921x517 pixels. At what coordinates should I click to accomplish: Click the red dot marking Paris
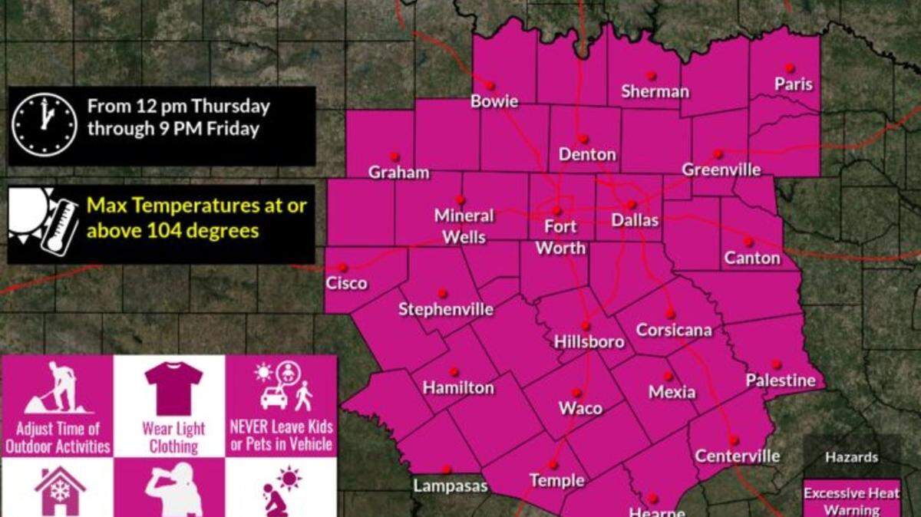tap(789, 68)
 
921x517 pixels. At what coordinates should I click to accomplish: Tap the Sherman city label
tap(655, 92)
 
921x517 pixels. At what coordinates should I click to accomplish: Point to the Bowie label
tap(494, 101)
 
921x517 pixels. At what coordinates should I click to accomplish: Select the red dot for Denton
tap(583, 139)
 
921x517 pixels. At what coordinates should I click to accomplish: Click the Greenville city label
tap(721, 170)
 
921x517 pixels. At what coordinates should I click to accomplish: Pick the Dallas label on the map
tap(635, 220)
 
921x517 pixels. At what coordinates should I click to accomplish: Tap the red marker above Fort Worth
tap(558, 210)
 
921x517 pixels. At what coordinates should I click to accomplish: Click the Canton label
tap(752, 258)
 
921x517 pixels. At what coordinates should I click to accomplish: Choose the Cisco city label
tap(346, 283)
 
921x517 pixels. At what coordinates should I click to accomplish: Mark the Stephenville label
tap(446, 310)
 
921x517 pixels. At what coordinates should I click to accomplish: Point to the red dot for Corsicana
tap(670, 314)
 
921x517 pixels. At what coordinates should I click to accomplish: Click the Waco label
tap(580, 408)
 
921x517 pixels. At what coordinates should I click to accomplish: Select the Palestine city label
tap(781, 380)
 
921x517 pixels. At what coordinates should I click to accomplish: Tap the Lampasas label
tap(450, 486)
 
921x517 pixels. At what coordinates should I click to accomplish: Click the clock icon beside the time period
tap(45, 126)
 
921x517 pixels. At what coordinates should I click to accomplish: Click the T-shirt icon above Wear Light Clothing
tap(173, 388)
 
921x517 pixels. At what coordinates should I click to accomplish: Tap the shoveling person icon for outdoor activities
tap(58, 388)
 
